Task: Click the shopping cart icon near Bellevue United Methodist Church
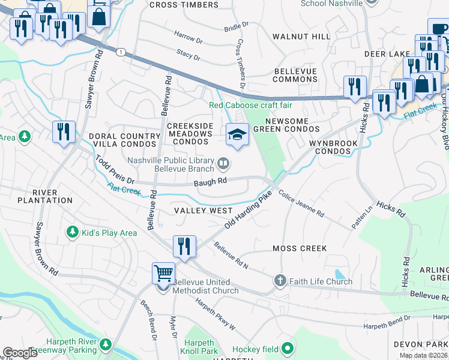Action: [163, 274]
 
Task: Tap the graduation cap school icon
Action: [237, 134]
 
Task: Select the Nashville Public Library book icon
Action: [223, 162]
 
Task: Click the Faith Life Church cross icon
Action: [279, 280]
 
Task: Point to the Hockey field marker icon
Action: [288, 347]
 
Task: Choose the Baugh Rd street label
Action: [214, 181]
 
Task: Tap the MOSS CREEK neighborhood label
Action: [300, 248]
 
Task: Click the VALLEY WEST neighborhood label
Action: [203, 211]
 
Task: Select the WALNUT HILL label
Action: [301, 37]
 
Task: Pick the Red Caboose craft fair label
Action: [250, 106]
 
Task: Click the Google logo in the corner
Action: [20, 353]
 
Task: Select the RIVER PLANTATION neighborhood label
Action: [45, 200]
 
